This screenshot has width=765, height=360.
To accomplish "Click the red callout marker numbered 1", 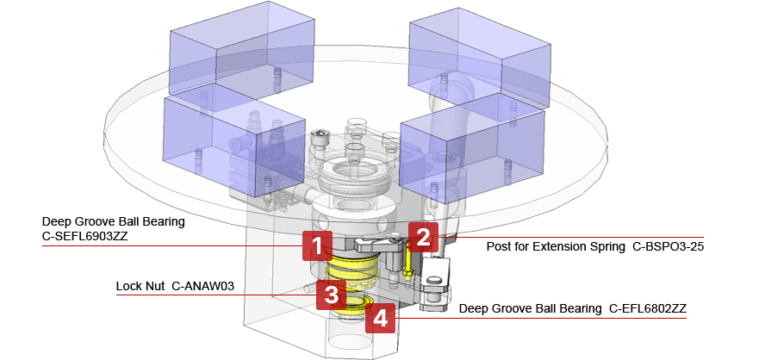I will pyautogui.click(x=317, y=246).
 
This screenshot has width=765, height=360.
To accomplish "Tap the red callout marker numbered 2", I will pyautogui.click(x=422, y=237).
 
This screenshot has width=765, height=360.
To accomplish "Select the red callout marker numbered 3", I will pyautogui.click(x=331, y=294).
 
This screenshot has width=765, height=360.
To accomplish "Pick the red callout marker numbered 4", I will pyautogui.click(x=380, y=320).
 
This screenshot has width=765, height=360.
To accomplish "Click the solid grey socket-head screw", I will pyautogui.click(x=321, y=138).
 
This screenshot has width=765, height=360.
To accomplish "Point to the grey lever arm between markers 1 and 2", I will pyautogui.click(x=379, y=245).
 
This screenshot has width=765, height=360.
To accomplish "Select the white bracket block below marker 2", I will pyautogui.click(x=435, y=281).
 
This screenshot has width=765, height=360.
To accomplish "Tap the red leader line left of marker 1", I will pyautogui.click(x=172, y=245).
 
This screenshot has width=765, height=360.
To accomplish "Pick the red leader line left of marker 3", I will pyautogui.click(x=215, y=295).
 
